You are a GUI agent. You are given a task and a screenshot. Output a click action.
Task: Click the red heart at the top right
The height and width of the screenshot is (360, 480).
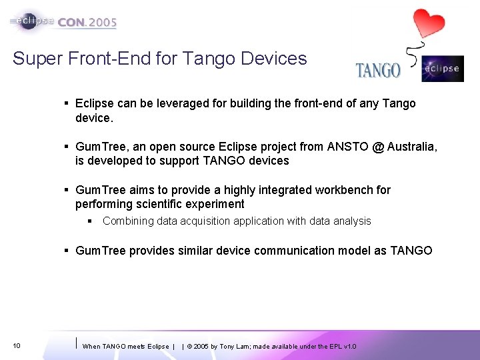pyautogui.click(x=428, y=23)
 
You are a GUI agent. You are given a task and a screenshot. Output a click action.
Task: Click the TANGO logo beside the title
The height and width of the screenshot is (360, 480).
pyautogui.click(x=378, y=70)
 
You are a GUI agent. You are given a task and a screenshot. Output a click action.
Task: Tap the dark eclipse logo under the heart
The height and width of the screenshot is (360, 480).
pyautogui.click(x=443, y=69)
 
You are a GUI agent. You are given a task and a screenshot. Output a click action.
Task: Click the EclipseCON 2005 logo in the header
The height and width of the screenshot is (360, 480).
pyautogui.click(x=64, y=21)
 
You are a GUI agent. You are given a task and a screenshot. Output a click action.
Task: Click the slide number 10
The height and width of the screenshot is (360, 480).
pyautogui.click(x=17, y=346)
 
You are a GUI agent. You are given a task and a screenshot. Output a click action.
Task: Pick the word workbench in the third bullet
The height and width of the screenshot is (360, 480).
pyautogui.click(x=344, y=190)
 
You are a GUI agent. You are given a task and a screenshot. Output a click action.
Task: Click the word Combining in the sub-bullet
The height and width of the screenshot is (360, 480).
pyautogui.click(x=128, y=221)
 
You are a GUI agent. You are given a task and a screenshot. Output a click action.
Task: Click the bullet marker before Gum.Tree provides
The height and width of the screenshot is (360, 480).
pyautogui.click(x=67, y=251)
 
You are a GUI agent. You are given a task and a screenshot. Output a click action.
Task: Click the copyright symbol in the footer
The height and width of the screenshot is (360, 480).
pyautogui.click(x=190, y=347)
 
